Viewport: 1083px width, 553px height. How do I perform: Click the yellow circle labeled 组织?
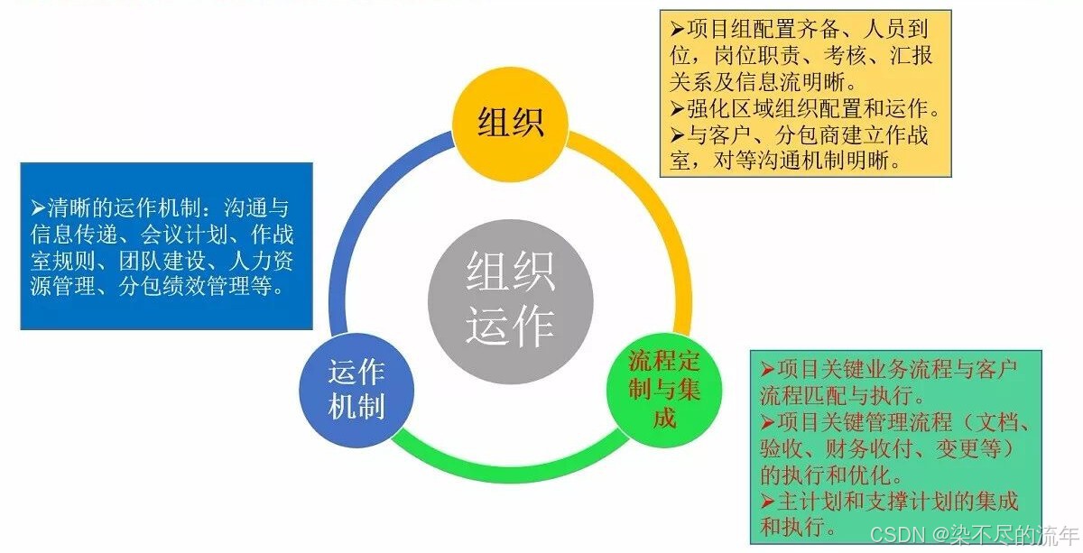point(511,123)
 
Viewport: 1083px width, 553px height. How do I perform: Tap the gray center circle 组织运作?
point(510,297)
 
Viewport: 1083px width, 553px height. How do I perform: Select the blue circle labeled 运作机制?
point(356,390)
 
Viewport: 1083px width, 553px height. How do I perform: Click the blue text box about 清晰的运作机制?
point(166,245)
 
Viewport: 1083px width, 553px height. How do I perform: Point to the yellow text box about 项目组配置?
point(805,94)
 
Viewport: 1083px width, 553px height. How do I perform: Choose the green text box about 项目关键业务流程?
point(895,447)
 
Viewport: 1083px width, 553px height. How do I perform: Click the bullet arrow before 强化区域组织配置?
point(677,109)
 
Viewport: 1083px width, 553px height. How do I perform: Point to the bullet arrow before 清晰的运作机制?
point(37,206)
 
